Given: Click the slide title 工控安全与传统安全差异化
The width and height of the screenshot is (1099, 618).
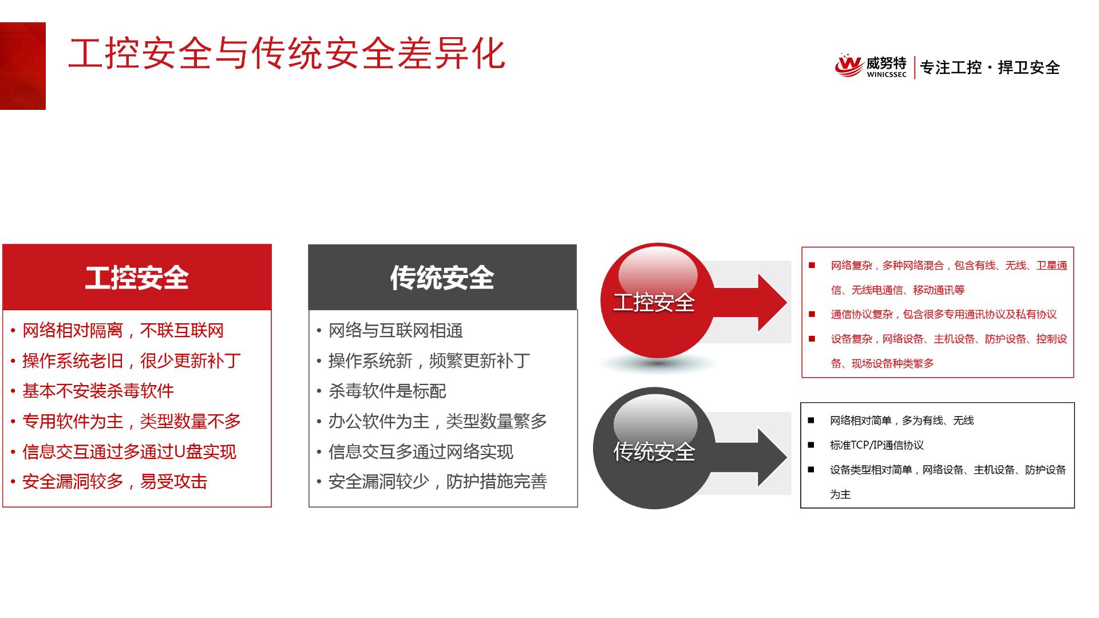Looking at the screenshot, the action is coord(287,54).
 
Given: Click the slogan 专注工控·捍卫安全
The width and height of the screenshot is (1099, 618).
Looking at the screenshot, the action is coord(990,68).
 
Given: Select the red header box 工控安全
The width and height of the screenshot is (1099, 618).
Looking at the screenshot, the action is coord(137,277).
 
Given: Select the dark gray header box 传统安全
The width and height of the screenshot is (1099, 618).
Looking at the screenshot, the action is coord(442,277).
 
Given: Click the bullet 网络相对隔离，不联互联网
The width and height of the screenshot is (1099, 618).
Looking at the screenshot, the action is coord(123,331).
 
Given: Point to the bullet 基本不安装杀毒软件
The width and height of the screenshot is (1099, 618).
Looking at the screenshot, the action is coord(98,391).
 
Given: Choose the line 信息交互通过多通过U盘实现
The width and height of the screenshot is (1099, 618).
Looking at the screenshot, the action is coord(129,452).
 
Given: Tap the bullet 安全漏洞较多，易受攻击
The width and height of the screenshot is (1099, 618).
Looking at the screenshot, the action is coord(114,482).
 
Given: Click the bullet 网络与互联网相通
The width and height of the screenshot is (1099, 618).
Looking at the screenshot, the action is coord(396,331).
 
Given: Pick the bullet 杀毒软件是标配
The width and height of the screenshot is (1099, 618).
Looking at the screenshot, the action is coord(387,391).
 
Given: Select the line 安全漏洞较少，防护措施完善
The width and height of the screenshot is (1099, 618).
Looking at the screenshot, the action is coord(437,482).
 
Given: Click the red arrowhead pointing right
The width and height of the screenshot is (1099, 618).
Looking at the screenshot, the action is coord(772,302).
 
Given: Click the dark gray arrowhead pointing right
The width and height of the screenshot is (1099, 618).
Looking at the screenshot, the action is coord(772,457).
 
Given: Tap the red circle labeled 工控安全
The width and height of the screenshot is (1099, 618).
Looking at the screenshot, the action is coord(657,301).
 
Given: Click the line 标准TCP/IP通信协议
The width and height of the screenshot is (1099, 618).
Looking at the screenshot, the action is coord(877,445).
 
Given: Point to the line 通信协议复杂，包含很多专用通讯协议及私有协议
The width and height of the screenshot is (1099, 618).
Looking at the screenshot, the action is coord(944,314).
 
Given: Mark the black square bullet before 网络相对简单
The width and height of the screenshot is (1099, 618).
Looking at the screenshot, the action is coord(811,421).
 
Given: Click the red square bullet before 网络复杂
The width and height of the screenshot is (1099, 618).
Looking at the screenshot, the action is coord(812,265).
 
